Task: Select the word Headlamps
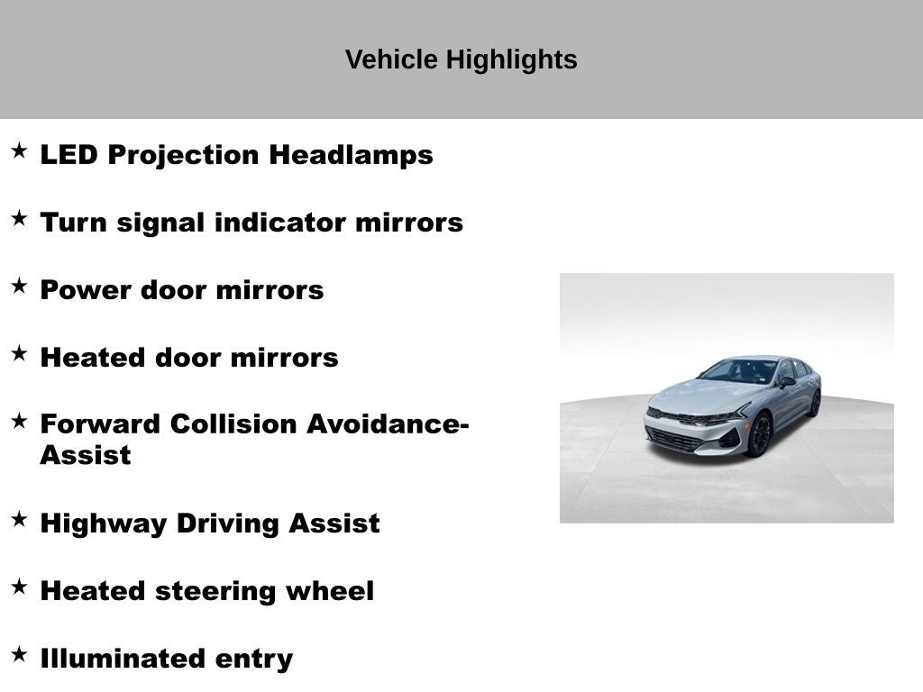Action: [352, 155]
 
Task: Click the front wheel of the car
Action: [759, 435]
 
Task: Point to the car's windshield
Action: [739, 370]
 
